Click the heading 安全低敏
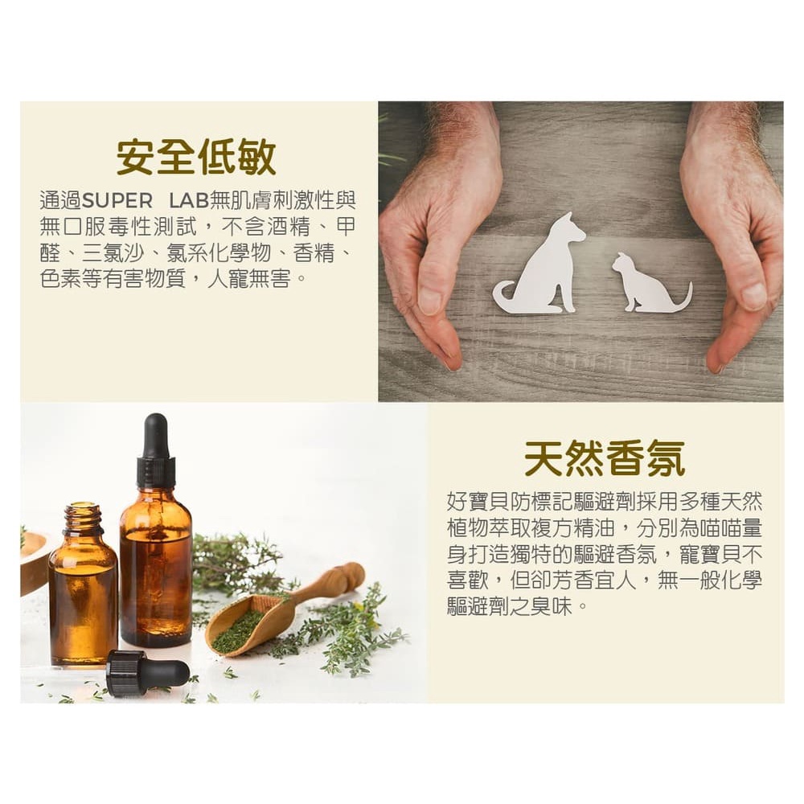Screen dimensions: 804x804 tap(196, 156)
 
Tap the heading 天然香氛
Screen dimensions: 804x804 tap(605, 458)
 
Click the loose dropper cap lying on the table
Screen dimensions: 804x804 tap(147, 671)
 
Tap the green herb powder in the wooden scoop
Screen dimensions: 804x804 tap(240, 630)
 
